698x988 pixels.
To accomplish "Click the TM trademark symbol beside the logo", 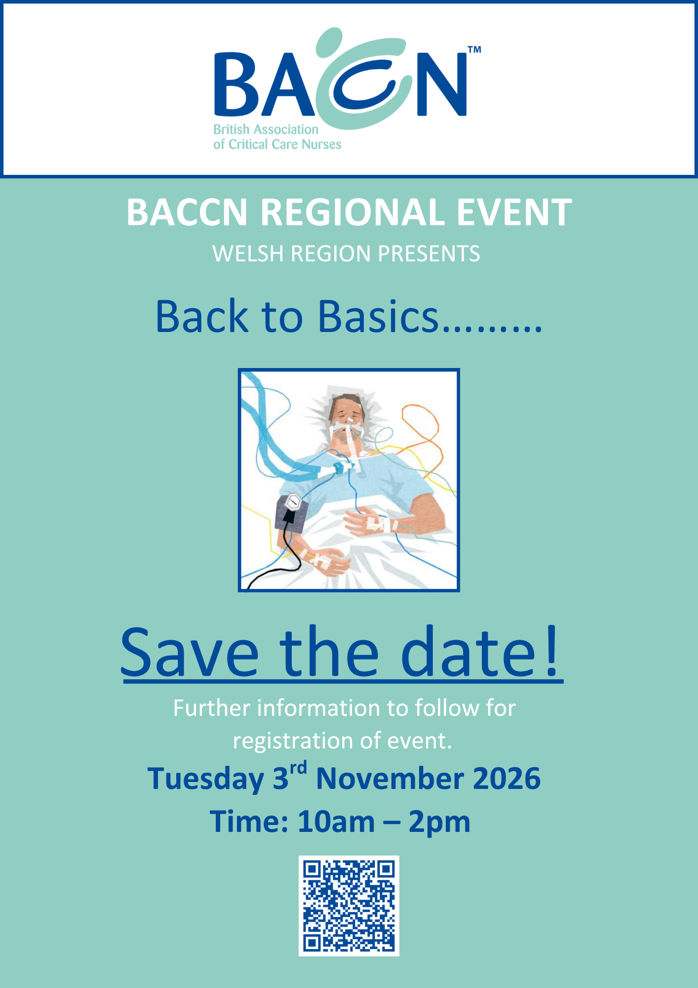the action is [x=474, y=49].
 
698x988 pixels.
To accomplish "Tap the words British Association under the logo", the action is [x=266, y=129].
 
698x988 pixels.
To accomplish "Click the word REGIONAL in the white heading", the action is [x=352, y=212].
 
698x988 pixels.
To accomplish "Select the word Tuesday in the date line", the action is [x=206, y=780].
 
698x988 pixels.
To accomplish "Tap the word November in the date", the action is [x=390, y=779].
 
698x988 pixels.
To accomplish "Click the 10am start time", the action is [x=336, y=822].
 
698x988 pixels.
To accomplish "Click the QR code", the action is [x=349, y=906].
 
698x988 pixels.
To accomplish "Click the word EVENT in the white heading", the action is [x=514, y=212].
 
